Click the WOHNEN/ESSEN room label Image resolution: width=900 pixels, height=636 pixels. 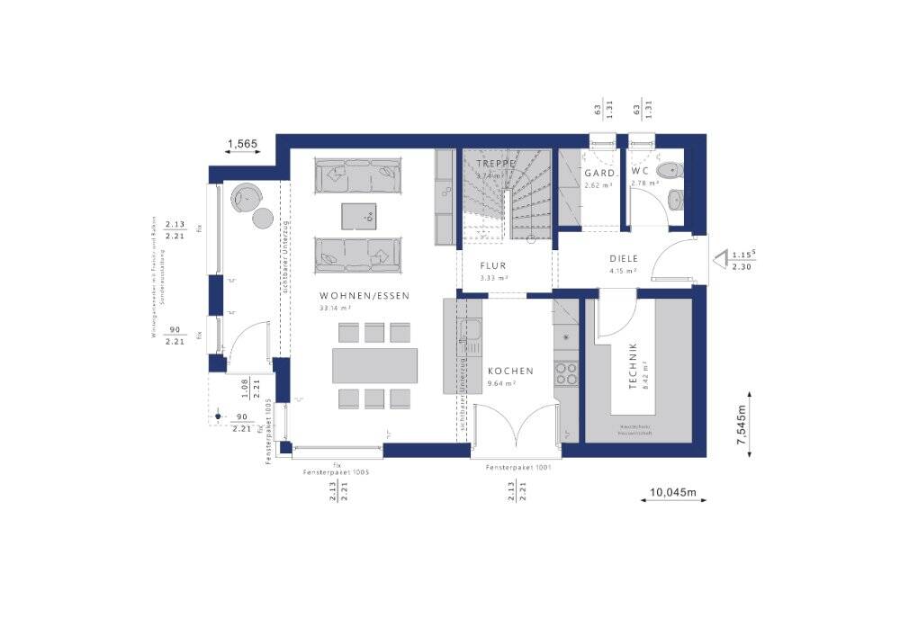(364, 295)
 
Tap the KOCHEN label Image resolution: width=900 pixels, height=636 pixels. (510, 371)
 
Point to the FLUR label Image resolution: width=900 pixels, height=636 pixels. (493, 266)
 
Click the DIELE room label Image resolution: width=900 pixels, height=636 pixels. (622, 257)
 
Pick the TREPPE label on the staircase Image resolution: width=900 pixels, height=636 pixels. (496, 164)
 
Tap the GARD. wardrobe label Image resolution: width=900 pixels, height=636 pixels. (599, 173)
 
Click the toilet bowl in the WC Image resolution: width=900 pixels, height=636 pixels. (670, 170)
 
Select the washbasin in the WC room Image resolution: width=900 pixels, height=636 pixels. (676, 199)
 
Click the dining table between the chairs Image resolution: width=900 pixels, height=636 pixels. (375, 365)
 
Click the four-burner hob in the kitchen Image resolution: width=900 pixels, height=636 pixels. (566, 373)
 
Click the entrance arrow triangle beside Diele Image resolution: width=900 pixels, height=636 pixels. (720, 260)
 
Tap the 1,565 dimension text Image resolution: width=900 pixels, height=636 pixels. (242, 143)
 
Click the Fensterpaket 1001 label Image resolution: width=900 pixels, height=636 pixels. (518, 468)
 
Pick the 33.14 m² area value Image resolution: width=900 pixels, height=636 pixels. (335, 308)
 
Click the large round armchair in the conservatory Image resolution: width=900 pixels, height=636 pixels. (245, 195)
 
